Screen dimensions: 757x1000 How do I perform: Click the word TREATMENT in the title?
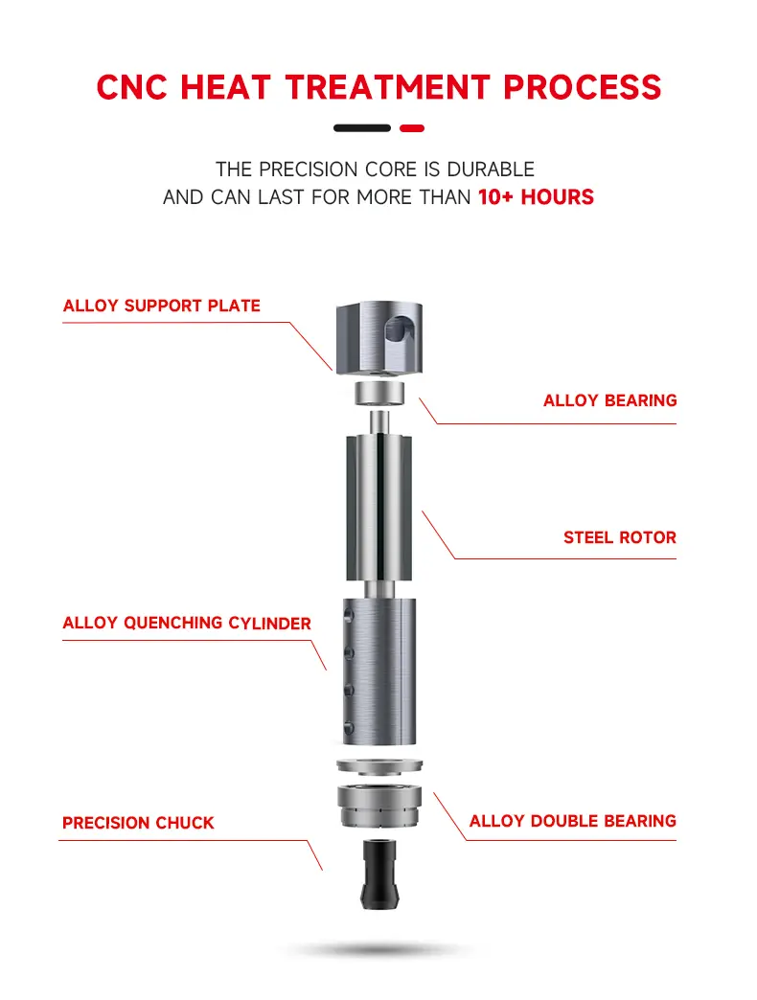[388, 87]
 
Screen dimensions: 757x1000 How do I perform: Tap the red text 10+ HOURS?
[536, 197]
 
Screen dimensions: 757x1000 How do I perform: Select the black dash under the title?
[362, 128]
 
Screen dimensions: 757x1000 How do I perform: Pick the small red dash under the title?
[412, 128]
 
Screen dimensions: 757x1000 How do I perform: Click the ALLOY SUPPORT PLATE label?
[161, 306]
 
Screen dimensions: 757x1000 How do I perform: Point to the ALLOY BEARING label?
[609, 400]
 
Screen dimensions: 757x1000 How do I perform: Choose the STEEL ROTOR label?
[620, 537]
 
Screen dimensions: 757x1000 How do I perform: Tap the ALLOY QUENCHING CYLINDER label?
[187, 624]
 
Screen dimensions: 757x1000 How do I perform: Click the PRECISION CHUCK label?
[138, 823]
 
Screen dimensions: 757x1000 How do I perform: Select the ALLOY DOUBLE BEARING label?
[573, 821]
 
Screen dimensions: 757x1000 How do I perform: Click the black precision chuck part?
[379, 875]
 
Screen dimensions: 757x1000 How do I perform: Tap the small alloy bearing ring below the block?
[379, 393]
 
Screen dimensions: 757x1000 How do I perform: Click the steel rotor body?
[378, 509]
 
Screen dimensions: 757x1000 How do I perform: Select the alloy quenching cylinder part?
[379, 671]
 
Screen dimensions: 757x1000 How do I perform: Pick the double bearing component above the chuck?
[379, 807]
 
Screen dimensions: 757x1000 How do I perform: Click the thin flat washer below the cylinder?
[379, 764]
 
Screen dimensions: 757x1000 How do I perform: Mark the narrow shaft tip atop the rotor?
[379, 422]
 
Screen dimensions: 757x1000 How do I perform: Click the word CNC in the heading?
[132, 87]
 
